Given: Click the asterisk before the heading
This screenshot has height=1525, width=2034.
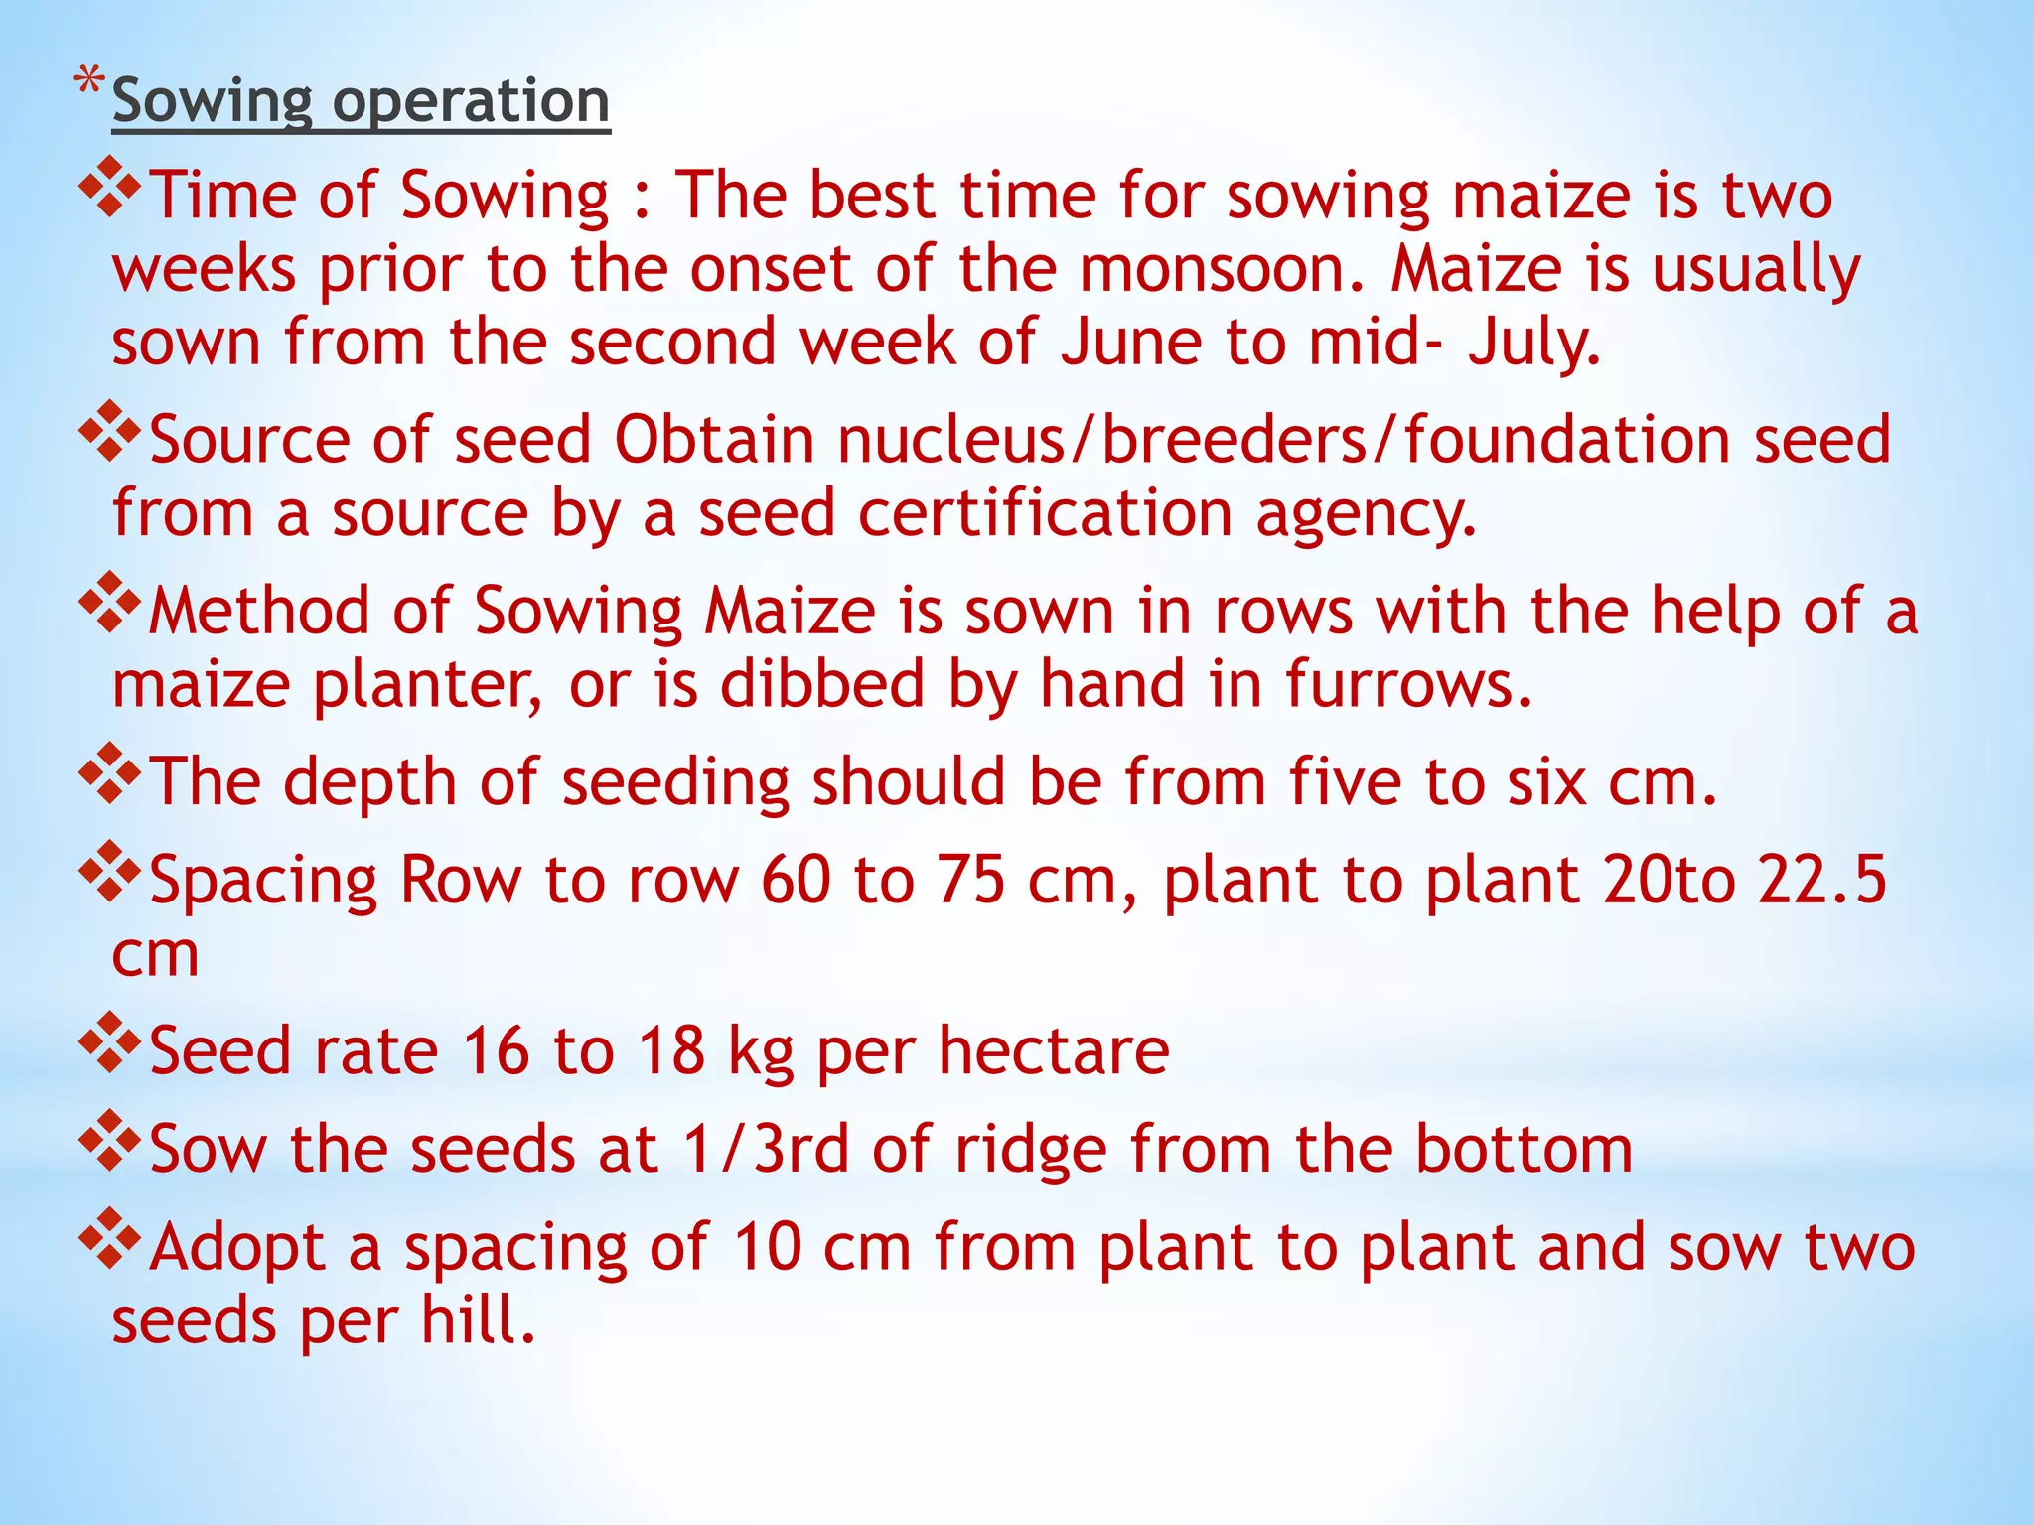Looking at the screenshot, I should coord(89,80).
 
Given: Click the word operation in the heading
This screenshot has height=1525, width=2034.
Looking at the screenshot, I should coord(471,102).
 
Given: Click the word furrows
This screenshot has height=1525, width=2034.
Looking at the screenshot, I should coord(1409,684).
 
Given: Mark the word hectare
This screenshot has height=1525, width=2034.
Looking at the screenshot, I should coord(1054,1050).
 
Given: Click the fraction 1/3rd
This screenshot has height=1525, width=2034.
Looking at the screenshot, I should coord(766,1149).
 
